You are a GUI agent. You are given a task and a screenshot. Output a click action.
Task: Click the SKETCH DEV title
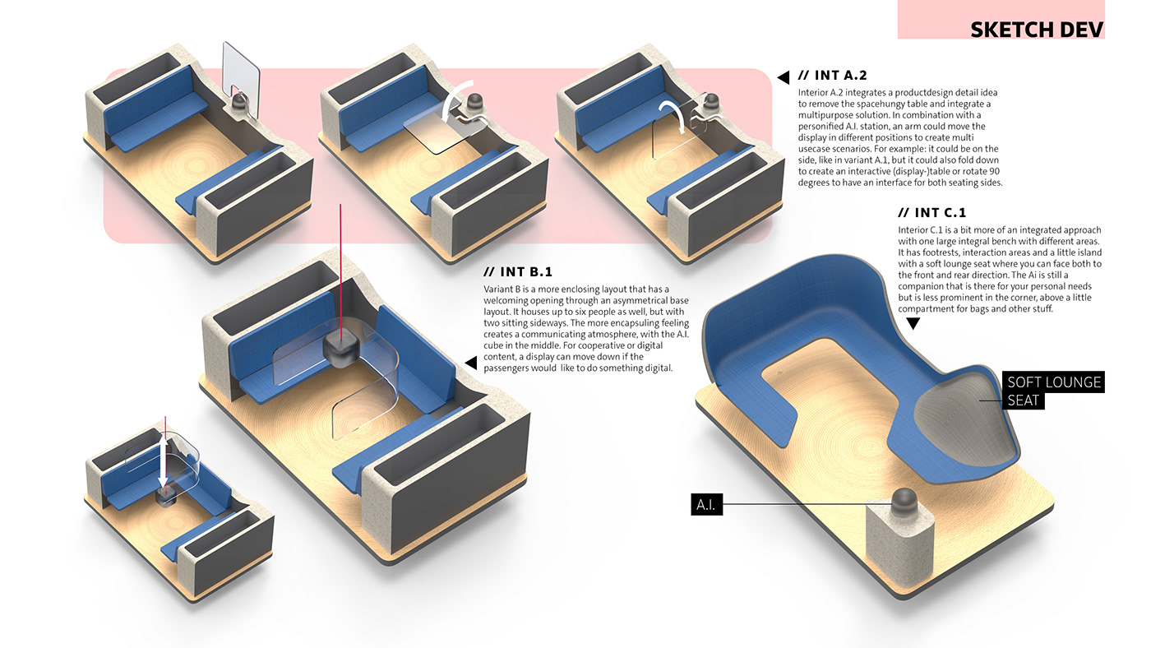point(1036,30)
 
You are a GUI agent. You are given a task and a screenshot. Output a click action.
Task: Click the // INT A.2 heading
point(840,76)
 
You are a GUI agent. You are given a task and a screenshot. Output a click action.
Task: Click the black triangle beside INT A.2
point(784,76)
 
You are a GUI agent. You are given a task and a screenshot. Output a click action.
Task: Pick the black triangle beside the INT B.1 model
point(470,363)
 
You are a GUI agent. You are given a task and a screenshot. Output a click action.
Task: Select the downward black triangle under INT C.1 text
point(913,323)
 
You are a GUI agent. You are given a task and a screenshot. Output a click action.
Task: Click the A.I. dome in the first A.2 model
point(240,104)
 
